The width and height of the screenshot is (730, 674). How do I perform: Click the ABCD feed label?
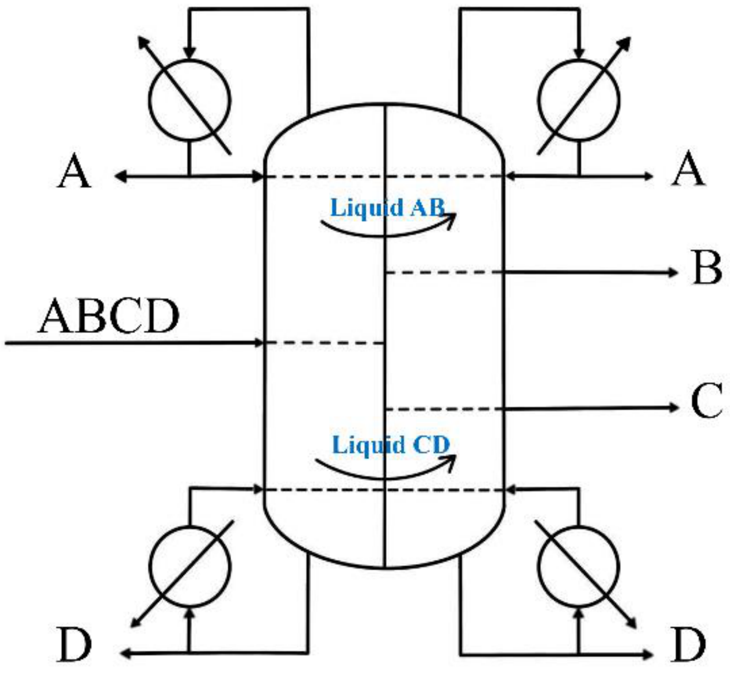(109, 316)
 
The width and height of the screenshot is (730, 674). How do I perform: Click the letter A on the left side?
(74, 171)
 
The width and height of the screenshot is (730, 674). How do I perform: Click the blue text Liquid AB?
(388, 208)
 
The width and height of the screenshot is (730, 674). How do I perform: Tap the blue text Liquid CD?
(391, 446)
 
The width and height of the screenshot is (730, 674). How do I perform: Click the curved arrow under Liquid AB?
(386, 235)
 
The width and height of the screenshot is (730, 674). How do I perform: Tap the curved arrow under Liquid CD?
(384, 478)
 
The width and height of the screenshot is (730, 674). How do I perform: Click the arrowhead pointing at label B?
(672, 272)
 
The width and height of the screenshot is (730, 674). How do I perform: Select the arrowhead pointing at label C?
(672, 407)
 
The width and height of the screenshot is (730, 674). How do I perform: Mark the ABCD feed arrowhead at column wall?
(258, 343)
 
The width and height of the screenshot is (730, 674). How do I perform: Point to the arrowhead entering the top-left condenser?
(189, 53)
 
